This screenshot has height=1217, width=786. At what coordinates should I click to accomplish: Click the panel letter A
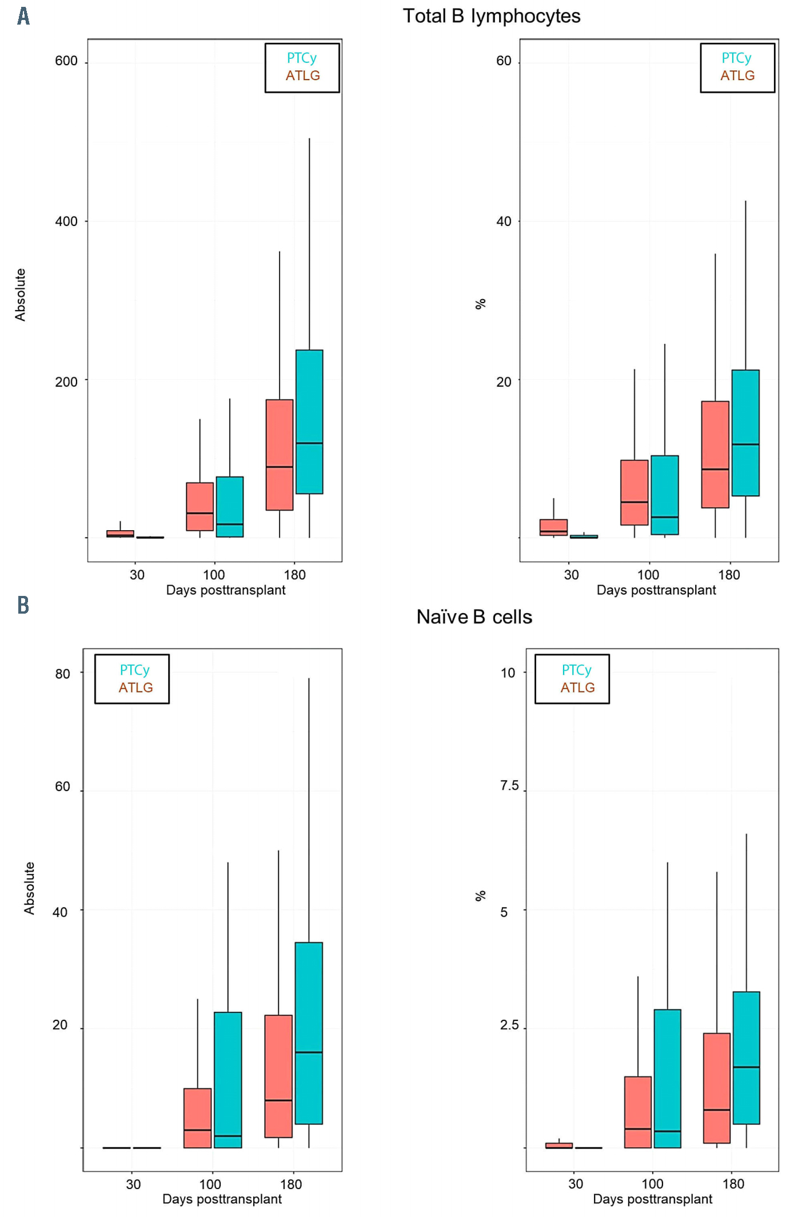23,16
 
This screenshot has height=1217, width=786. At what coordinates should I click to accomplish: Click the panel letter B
23,604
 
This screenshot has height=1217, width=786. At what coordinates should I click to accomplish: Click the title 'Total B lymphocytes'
491,16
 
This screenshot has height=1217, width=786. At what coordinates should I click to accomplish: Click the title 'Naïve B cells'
474,617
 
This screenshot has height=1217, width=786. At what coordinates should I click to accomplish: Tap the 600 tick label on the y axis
66,61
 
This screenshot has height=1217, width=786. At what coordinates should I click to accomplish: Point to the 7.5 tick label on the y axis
509,786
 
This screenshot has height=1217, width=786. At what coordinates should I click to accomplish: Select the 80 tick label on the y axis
63,674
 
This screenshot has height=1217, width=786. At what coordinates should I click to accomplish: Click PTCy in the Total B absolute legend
301,58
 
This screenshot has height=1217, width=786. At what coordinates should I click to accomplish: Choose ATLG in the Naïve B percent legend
577,687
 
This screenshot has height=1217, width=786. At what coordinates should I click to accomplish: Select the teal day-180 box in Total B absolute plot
309,421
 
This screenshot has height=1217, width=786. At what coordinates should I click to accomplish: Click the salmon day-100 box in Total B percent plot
634,492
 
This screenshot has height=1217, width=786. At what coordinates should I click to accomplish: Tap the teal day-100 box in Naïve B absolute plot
228,1080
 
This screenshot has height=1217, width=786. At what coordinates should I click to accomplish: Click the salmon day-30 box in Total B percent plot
553,527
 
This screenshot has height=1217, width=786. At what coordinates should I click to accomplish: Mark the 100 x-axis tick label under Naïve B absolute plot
210,1184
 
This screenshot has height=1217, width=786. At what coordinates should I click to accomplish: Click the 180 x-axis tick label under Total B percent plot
729,575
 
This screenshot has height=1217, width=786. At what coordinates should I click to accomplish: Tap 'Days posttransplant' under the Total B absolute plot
225,590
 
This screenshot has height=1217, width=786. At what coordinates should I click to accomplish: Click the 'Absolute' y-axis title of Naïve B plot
29,888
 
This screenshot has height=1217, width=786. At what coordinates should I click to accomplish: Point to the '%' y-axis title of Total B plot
480,304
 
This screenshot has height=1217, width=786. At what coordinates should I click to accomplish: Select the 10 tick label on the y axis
508,673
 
